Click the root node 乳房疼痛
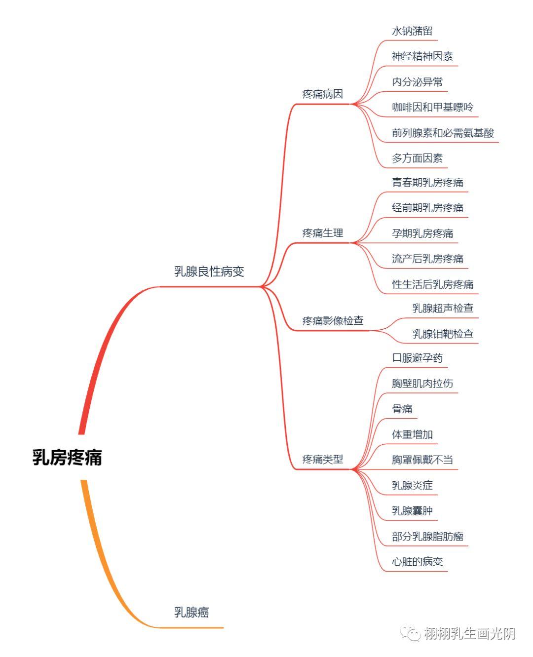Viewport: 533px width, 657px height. pos(67,457)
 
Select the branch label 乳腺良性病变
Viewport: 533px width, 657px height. pos(209,271)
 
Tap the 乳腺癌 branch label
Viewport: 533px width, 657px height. pos(191,613)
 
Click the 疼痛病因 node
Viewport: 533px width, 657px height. pos(322,94)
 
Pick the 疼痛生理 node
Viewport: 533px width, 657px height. pos(322,233)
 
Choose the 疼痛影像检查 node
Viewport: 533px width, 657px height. pos(333,321)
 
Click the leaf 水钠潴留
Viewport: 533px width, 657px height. pos(412,31)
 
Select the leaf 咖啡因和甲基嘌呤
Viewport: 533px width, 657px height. pos(433,107)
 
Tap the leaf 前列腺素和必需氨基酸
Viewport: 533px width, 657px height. pos(443,133)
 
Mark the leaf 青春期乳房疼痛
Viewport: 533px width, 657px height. pos(427,183)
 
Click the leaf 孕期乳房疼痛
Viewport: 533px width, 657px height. pos(422,233)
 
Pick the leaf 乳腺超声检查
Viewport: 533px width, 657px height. pos(443,309)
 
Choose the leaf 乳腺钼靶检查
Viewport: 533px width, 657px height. pos(443,334)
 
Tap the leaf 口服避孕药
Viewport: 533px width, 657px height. pos(418,358)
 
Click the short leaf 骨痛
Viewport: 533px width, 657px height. pos(402,409)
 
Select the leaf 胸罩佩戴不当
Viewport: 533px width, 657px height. pos(422,460)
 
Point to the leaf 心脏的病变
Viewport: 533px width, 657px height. pos(418,562)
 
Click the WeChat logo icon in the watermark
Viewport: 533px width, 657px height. pos(410,633)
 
